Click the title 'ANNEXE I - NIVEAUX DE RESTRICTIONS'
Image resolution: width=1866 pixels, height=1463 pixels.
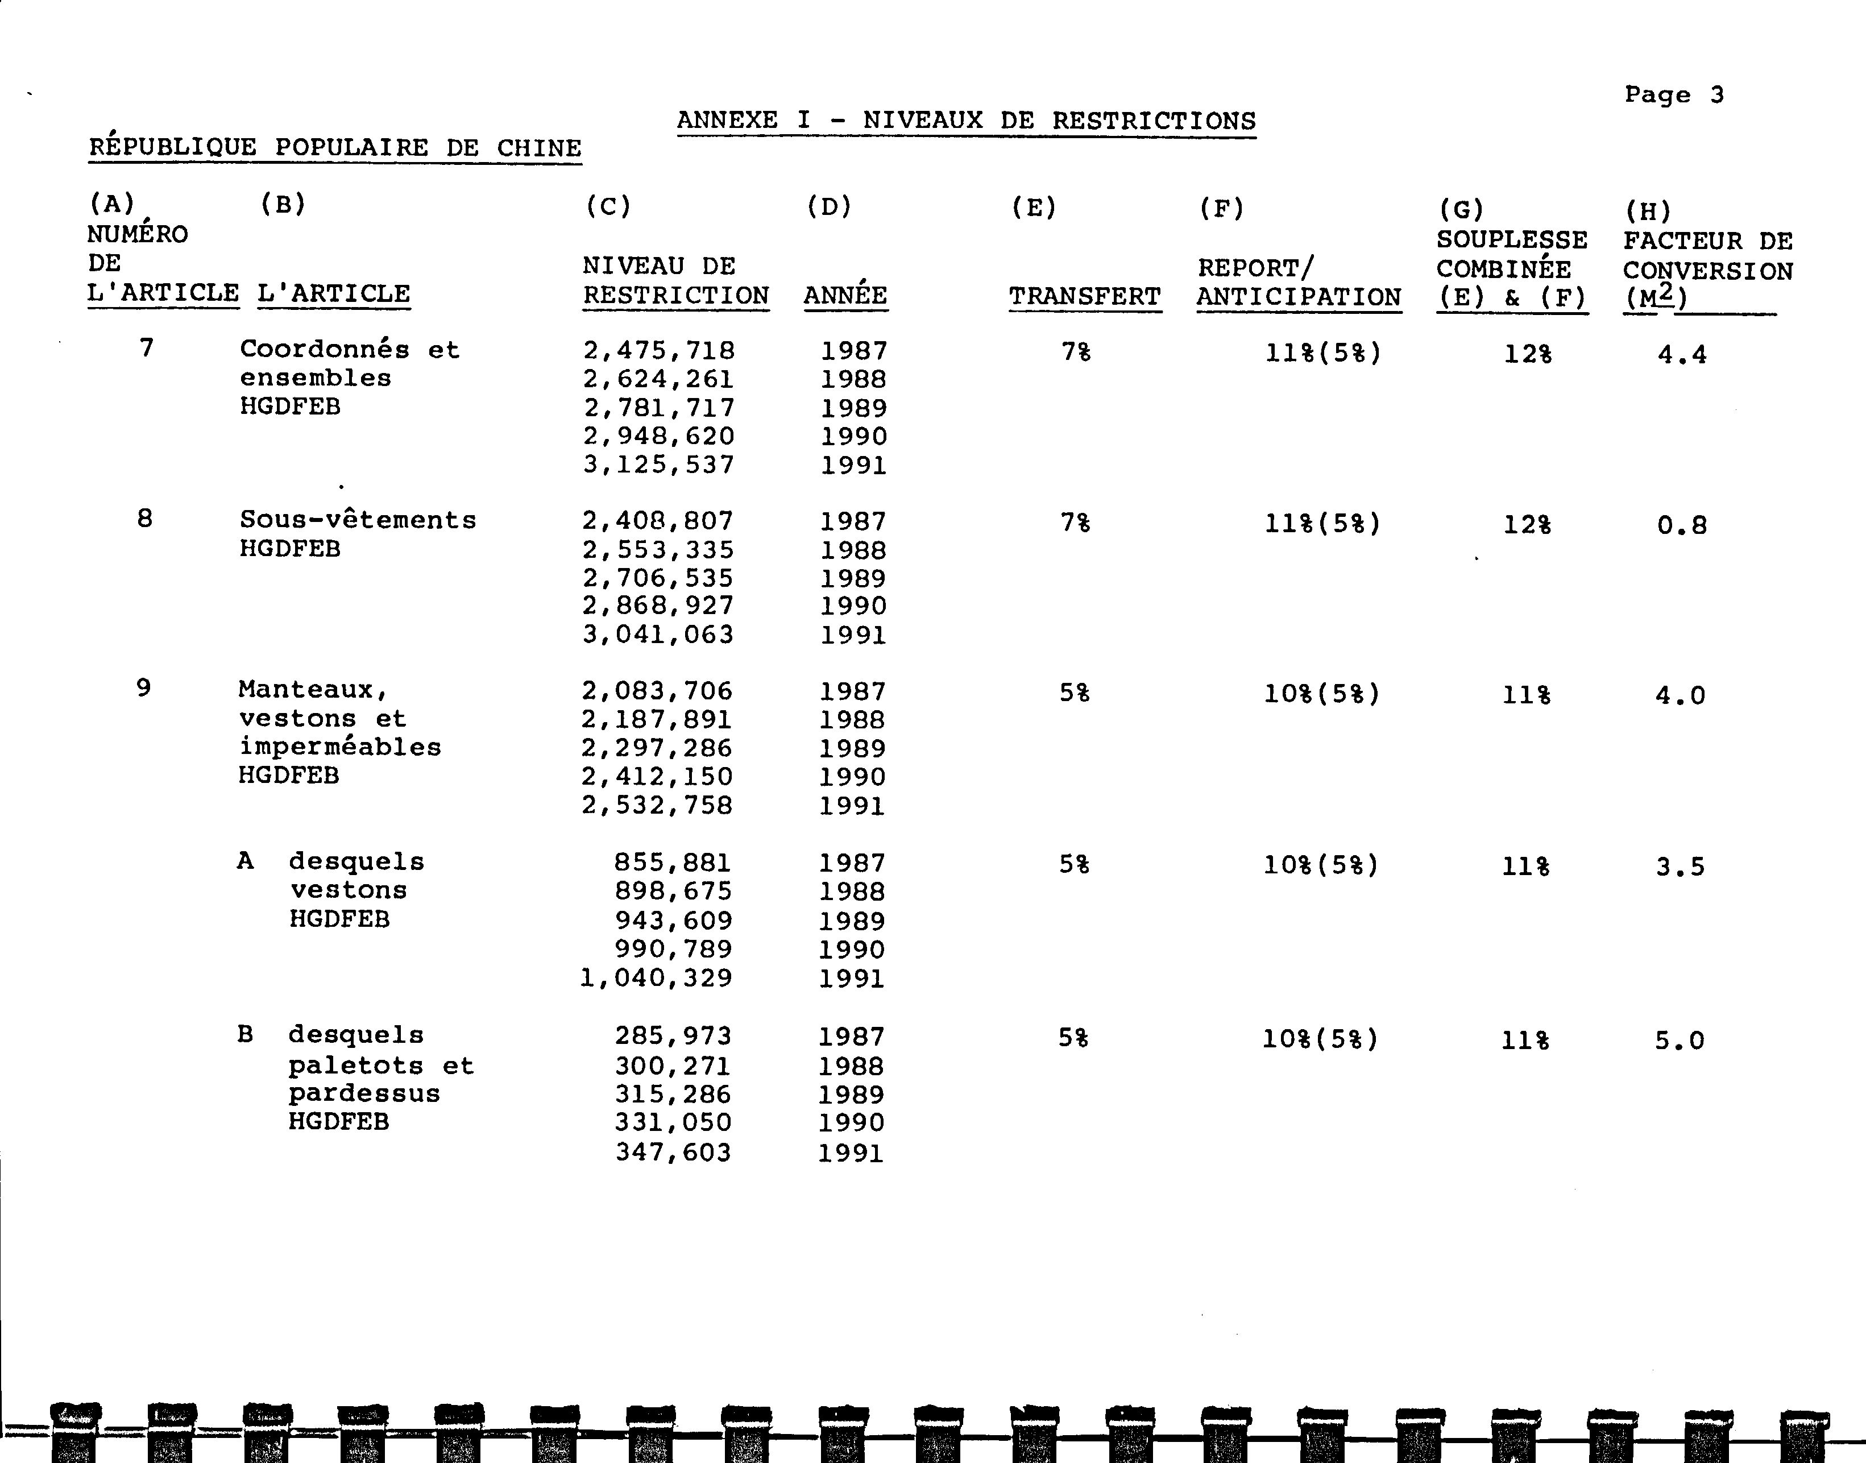pyautogui.click(x=966, y=121)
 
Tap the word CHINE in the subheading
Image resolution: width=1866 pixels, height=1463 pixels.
pyautogui.click(x=538, y=148)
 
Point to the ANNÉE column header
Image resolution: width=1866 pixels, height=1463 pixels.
pyautogui.click(x=845, y=296)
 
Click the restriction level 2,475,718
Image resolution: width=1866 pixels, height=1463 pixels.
pyautogui.click(x=658, y=350)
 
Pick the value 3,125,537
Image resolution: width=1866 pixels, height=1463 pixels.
pyautogui.click(x=658, y=465)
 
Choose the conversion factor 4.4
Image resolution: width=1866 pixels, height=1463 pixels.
pyautogui.click(x=1682, y=355)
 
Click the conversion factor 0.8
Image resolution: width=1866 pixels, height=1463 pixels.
pyautogui.click(x=1681, y=525)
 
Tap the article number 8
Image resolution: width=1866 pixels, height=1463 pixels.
pyautogui.click(x=145, y=518)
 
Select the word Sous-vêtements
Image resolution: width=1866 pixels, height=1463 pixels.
pyautogui.click(x=357, y=520)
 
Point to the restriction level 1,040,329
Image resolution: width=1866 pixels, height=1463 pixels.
pyautogui.click(x=656, y=978)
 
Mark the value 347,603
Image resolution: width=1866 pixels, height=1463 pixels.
pyautogui.click(x=673, y=1152)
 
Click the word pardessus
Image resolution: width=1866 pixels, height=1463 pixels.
pyautogui.click(x=364, y=1094)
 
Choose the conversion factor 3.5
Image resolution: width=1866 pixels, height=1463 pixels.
pyautogui.click(x=1680, y=867)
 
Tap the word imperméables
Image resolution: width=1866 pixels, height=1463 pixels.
pyautogui.click(x=340, y=747)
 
